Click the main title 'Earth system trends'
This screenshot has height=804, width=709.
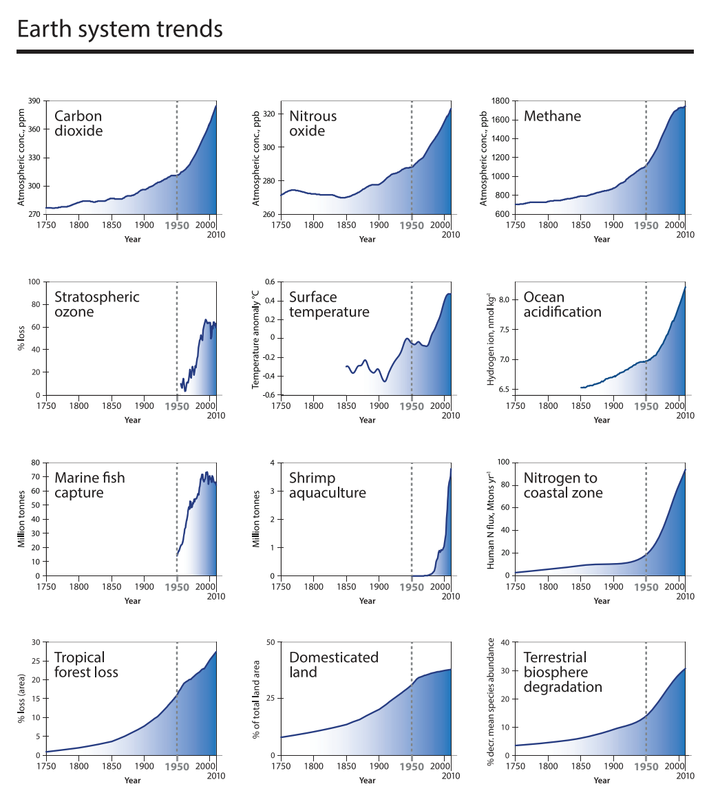pos(119,30)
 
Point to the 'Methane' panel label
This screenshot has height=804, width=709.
pos(552,116)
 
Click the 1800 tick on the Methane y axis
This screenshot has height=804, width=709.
pos(500,101)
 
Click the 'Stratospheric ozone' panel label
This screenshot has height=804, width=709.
pos(96,304)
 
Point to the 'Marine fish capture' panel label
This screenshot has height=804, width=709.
pos(89,485)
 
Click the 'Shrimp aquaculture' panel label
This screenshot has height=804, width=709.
pos(327,485)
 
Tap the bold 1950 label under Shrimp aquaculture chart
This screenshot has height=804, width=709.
pos(412,587)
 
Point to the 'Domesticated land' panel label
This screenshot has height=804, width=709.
pos(333,664)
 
